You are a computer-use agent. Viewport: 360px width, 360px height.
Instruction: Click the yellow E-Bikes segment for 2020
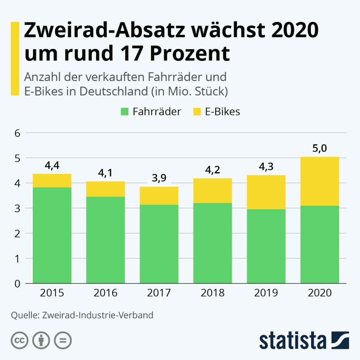point(320,181)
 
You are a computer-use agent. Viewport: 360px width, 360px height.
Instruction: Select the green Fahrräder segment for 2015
point(52,235)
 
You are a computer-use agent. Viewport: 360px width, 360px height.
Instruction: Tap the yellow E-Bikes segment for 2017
point(159,195)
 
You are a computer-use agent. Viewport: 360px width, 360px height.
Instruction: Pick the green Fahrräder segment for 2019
point(266,246)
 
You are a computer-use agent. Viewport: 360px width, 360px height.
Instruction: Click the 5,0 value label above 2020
point(320,148)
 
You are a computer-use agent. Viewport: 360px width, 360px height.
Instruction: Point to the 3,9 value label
point(159,178)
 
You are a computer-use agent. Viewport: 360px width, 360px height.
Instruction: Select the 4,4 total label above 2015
point(52,166)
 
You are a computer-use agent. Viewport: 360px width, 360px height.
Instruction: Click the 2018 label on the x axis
point(212,293)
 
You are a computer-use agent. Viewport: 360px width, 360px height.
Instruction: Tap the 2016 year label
point(105,293)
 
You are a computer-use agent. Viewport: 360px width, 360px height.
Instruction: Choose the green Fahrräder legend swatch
point(124,112)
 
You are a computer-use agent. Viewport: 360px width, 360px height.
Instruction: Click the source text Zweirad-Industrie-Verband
point(98,315)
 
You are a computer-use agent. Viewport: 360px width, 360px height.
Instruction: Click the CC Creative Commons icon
point(19,340)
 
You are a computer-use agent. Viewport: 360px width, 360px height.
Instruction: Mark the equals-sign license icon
point(63,340)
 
